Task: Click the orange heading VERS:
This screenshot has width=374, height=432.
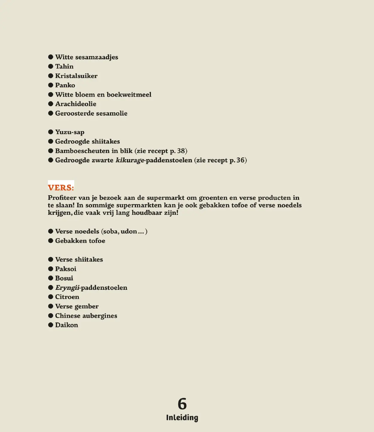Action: [x=61, y=187]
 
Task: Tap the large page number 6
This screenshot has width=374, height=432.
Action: [x=182, y=404]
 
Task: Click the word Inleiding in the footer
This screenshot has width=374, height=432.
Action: [x=182, y=418]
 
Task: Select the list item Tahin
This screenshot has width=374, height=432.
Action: [x=64, y=66]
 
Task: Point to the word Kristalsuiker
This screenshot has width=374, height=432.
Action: [x=76, y=76]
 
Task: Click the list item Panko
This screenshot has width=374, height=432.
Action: [x=65, y=85]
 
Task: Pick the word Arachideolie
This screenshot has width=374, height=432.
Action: [x=76, y=104]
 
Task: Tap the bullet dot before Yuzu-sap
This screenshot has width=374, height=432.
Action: [x=51, y=132]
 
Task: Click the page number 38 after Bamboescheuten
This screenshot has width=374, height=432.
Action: [x=181, y=151]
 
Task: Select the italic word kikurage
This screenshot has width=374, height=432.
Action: [x=130, y=160]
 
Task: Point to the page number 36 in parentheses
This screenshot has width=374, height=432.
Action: [x=240, y=160]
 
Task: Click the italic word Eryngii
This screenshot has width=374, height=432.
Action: [x=67, y=288]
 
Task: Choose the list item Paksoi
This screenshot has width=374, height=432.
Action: [x=66, y=269]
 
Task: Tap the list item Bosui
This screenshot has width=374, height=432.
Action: [x=64, y=278]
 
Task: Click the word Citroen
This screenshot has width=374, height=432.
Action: [x=67, y=297]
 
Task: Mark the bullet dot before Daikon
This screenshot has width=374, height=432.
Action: [x=51, y=325]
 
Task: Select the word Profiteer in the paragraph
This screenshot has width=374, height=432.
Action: [x=62, y=198]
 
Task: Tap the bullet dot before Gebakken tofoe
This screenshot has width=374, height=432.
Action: [x=51, y=241]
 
